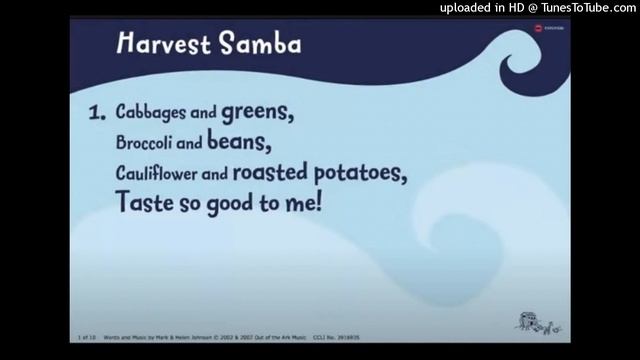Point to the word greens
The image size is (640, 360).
point(264,114)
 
